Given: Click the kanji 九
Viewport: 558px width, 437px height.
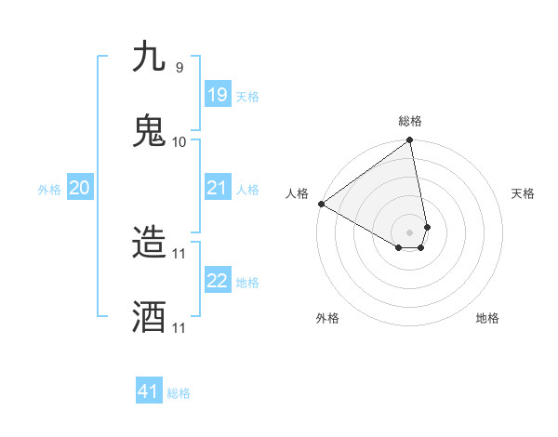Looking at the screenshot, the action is click(150, 57).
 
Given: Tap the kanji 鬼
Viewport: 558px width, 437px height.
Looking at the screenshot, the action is click(150, 131).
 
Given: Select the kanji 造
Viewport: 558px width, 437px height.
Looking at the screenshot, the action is click(150, 243).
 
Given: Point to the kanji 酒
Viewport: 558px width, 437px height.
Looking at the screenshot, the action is click(150, 317).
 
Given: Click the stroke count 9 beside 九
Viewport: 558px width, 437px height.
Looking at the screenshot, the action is click(179, 67).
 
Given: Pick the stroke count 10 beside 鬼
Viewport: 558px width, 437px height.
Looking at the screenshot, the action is click(179, 141).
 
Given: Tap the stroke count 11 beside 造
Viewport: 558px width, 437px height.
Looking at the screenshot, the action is click(179, 253).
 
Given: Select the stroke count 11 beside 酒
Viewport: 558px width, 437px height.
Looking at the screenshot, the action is click(179, 327).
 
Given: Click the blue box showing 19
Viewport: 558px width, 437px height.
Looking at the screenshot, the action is click(218, 95).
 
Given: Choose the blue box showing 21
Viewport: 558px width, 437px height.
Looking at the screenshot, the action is click(218, 188).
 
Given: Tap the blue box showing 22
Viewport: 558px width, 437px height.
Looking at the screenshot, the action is click(218, 281).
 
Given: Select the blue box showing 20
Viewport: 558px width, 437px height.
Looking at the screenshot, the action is click(80, 188).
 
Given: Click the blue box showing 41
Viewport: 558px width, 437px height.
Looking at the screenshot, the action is click(149, 391).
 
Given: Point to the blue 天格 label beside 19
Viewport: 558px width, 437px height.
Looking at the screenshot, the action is click(247, 97).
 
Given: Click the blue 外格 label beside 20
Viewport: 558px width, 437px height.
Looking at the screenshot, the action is click(49, 190).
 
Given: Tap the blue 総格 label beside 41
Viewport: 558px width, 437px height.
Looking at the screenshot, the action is click(179, 393).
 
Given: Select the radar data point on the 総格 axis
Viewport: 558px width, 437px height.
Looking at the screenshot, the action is click(410, 140).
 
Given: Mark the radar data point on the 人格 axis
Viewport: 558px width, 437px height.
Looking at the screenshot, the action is click(321, 204).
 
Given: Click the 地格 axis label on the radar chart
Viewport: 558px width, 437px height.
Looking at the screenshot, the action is click(487, 318).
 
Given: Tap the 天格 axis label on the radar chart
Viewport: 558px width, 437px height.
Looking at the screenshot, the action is click(523, 193).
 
